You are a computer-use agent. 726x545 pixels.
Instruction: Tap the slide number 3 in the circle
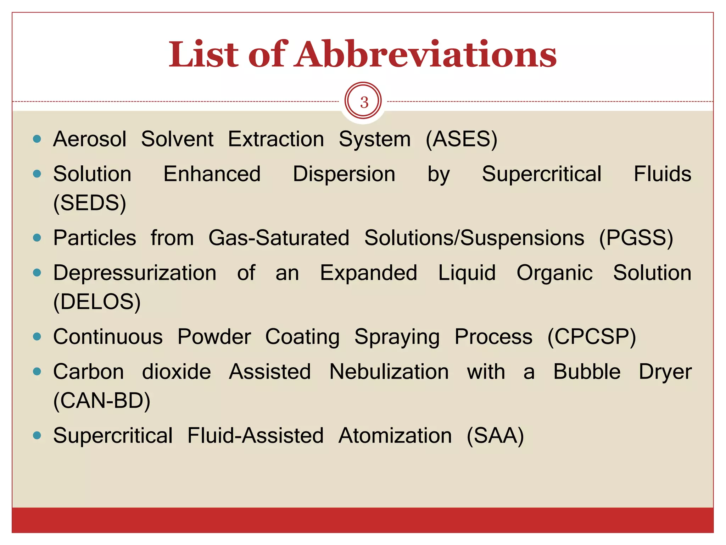click(364, 102)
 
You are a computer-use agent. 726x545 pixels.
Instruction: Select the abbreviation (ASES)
click(462, 139)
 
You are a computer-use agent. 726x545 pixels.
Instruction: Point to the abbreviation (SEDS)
click(90, 203)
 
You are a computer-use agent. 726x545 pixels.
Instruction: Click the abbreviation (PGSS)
click(636, 238)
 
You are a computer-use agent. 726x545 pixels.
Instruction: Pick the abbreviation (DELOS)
click(97, 302)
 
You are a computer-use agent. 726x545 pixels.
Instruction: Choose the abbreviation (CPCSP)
click(592, 337)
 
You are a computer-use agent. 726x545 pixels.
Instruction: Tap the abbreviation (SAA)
click(495, 436)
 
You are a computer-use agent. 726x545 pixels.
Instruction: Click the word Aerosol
click(90, 139)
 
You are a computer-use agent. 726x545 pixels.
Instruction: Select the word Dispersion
click(344, 174)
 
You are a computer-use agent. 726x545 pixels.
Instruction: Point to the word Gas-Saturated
click(279, 238)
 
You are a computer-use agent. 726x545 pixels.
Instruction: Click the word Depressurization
click(135, 273)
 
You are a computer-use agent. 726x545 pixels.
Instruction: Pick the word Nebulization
click(389, 372)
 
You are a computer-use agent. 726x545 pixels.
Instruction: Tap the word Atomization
click(395, 436)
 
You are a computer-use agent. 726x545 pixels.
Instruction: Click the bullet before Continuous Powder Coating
click(37, 336)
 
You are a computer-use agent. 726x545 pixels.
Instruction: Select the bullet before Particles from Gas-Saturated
click(37, 237)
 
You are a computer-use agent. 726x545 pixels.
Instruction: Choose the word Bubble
click(587, 372)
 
